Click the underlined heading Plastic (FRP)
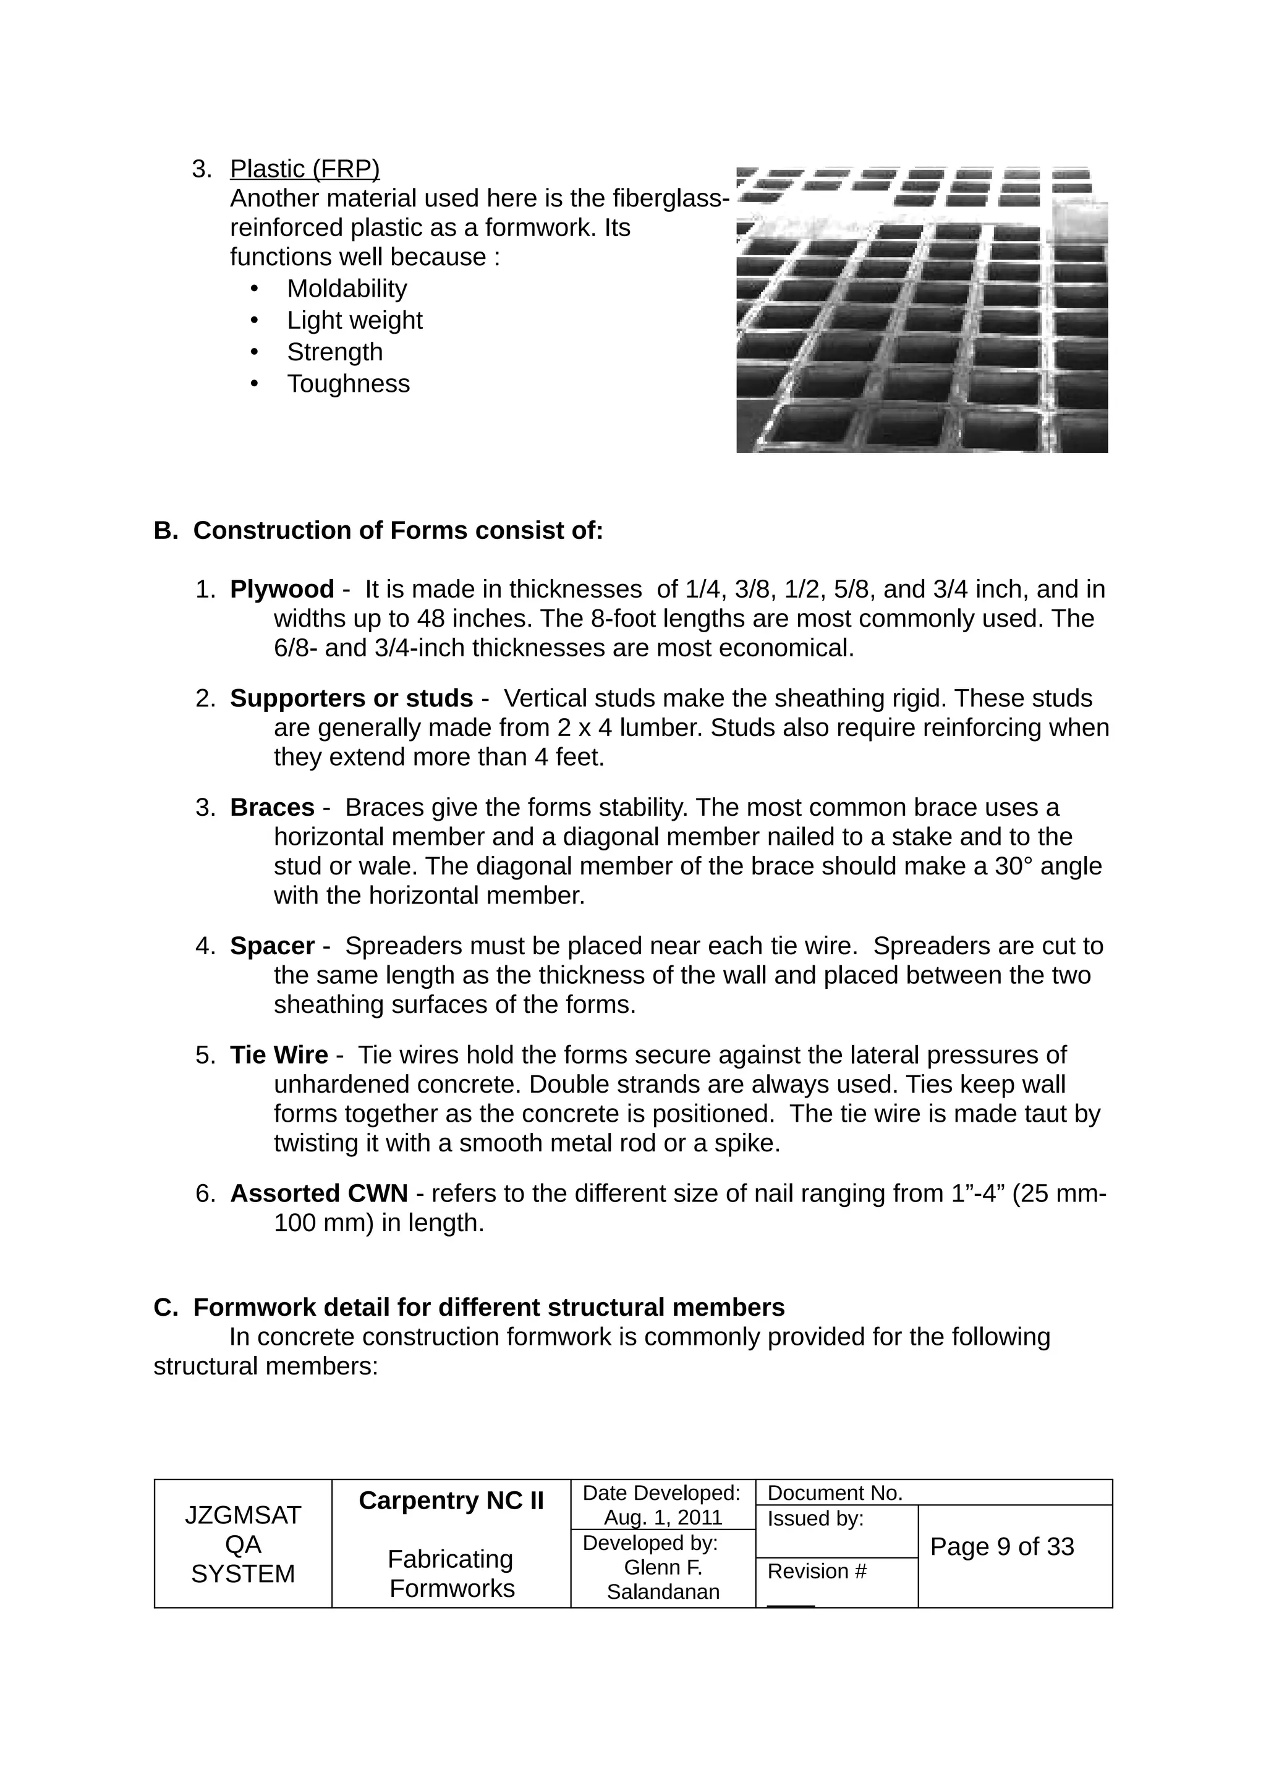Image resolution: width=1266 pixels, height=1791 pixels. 304,169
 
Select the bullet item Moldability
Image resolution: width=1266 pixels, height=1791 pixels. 346,289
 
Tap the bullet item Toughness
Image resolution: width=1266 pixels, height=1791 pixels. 348,384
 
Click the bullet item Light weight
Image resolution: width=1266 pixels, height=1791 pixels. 354,321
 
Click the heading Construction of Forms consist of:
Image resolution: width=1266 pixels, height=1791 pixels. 398,530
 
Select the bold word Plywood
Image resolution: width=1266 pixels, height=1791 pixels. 282,589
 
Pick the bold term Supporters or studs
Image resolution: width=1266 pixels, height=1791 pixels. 351,698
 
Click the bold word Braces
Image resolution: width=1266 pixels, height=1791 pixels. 271,807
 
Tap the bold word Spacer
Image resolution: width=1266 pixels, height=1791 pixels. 271,946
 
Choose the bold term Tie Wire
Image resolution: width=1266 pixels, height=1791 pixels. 278,1056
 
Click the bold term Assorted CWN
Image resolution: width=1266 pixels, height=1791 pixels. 318,1193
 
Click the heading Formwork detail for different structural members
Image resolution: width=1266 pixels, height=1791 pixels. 488,1307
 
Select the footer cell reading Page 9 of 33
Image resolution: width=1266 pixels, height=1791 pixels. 1001,1547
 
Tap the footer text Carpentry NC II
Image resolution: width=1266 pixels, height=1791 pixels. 451,1501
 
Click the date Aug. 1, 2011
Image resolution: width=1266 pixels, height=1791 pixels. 663,1517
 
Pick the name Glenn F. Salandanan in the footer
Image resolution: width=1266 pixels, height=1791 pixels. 663,1580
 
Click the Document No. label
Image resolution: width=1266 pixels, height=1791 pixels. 835,1493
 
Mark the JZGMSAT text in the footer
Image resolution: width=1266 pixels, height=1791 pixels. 242,1515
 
